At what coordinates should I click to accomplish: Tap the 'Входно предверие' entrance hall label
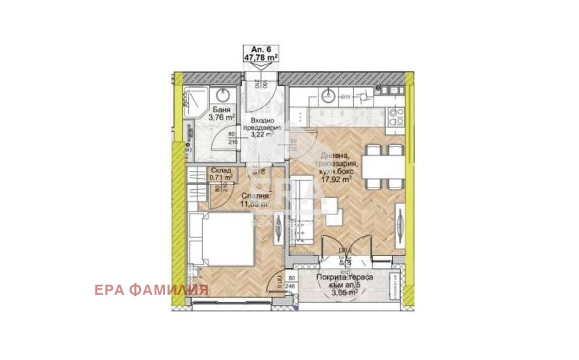261,125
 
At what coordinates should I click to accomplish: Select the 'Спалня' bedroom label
256,196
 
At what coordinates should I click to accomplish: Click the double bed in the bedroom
220,241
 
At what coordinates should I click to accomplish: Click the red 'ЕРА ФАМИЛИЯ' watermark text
151,290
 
